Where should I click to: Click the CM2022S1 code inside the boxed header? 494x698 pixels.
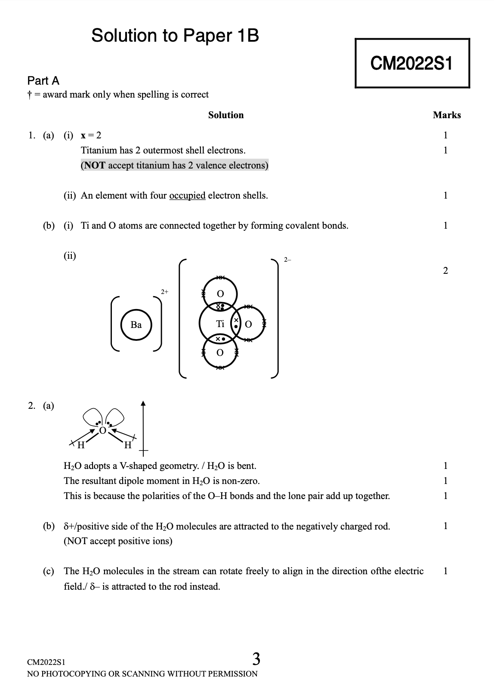[x=411, y=64]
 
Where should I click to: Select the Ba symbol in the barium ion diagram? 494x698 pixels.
[x=136, y=325]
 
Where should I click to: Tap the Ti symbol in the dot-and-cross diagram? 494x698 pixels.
[x=220, y=324]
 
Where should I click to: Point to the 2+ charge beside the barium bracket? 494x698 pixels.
[x=164, y=291]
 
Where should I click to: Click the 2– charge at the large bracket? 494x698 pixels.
[x=287, y=260]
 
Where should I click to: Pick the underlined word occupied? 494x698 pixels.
[x=187, y=196]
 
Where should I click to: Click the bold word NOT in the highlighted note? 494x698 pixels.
[x=94, y=165]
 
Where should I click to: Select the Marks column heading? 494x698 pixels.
[x=447, y=115]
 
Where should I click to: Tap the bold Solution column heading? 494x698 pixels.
[x=226, y=115]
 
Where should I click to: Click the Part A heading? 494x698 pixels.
[x=43, y=81]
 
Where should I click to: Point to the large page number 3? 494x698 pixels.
[x=256, y=658]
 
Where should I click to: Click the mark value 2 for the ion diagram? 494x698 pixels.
[x=445, y=270]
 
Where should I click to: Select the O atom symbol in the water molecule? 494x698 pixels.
[x=102, y=430]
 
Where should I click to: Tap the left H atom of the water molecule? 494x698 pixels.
[x=81, y=445]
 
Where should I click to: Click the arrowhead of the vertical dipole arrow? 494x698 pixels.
[x=143, y=403]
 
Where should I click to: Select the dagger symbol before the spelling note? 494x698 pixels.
[x=29, y=95]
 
